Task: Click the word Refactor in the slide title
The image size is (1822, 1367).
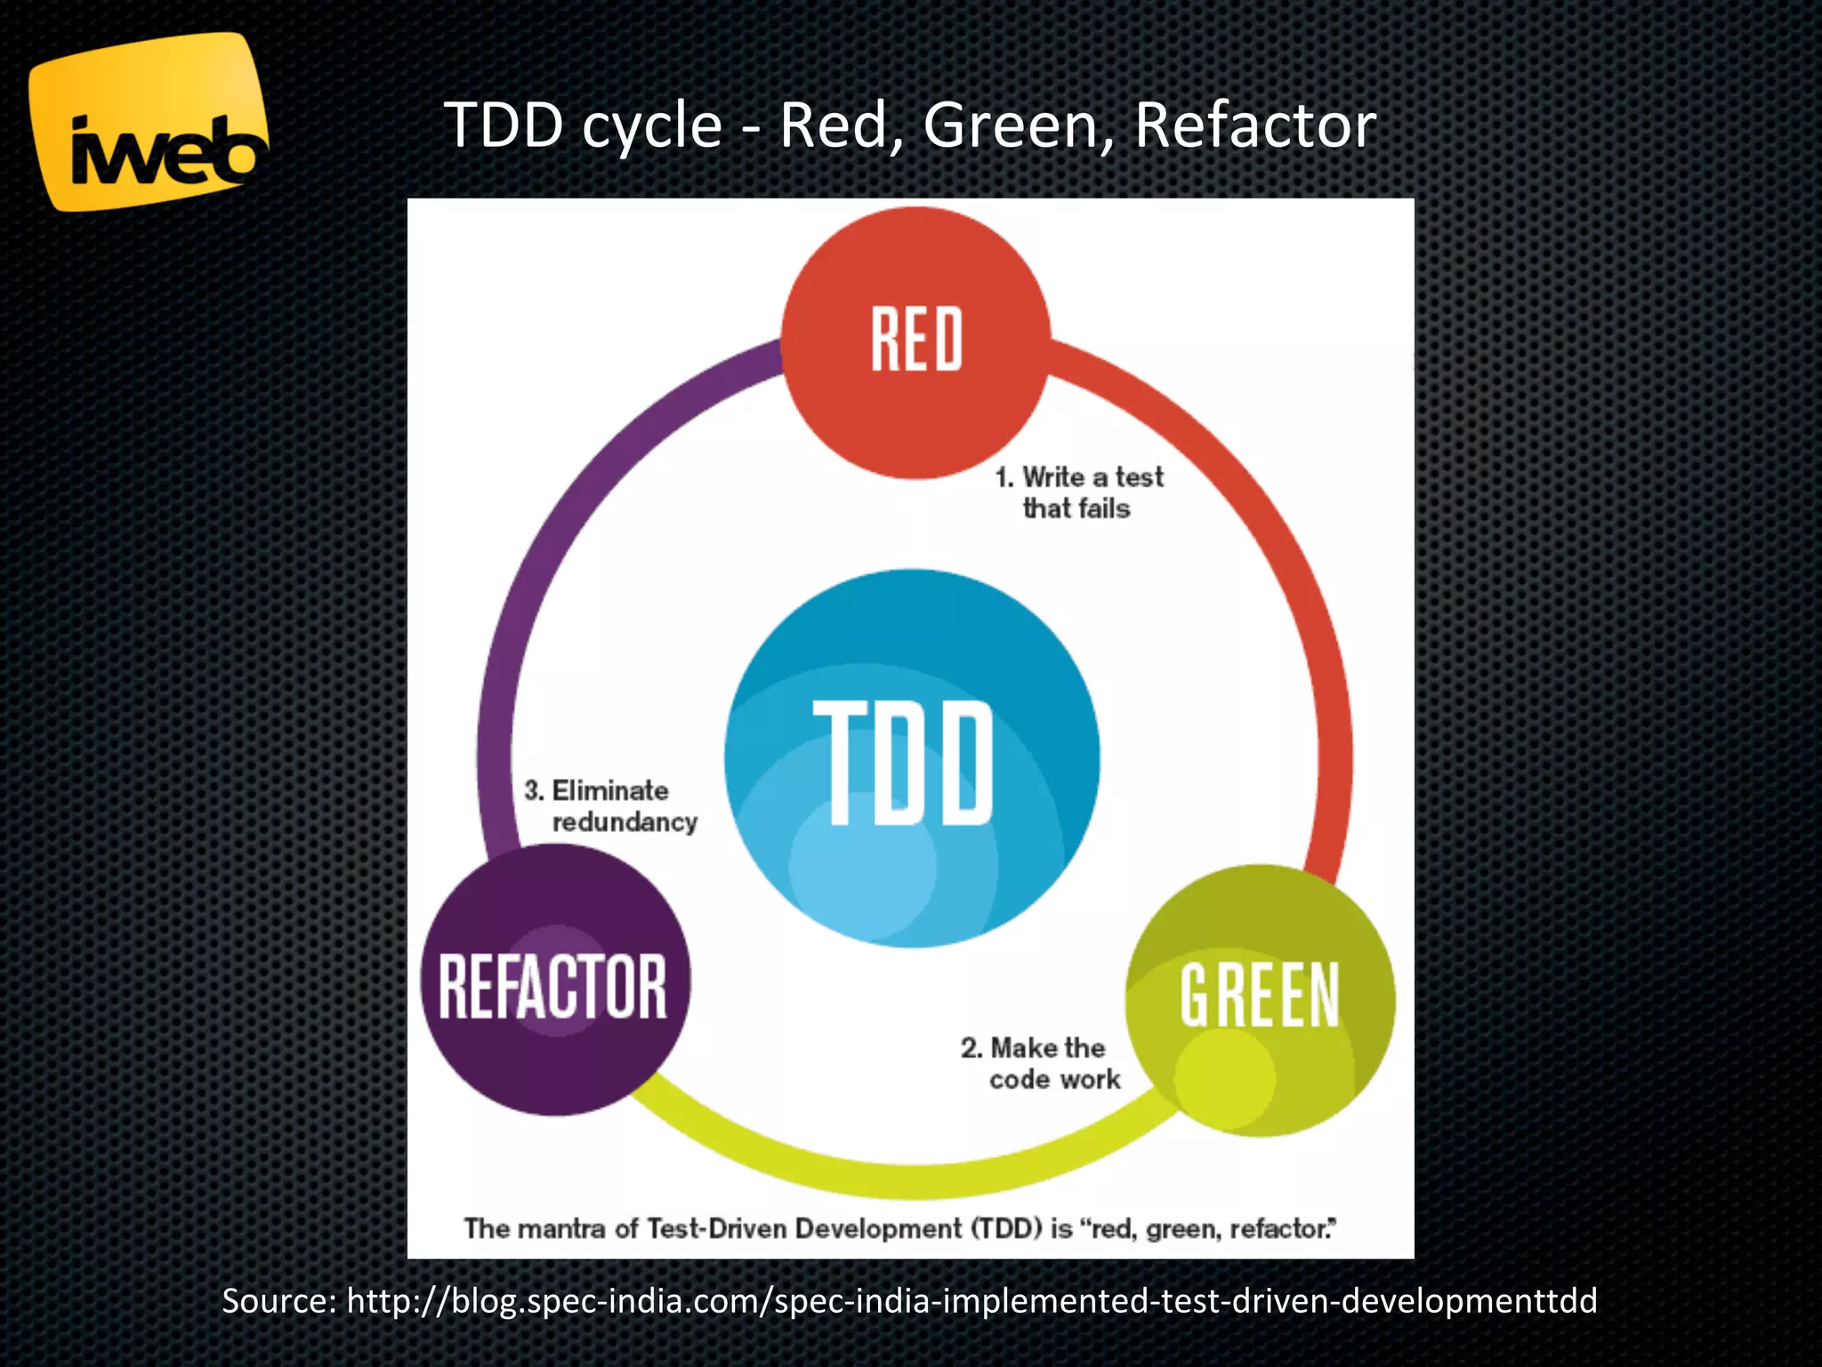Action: [x=1254, y=125]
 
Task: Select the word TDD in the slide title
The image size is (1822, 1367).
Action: [x=504, y=125]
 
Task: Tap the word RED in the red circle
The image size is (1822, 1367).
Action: [x=916, y=339]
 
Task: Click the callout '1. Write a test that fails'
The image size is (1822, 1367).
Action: [x=1078, y=492]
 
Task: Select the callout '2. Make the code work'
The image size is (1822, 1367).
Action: [x=1041, y=1063]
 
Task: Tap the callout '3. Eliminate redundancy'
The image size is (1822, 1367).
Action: [x=610, y=805]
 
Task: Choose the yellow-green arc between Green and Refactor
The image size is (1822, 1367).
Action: [x=907, y=1179]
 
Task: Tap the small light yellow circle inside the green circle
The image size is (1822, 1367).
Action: [x=1224, y=1077]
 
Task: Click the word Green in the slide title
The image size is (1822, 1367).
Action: [x=1017, y=125]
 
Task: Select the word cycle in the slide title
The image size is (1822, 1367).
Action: [x=652, y=125]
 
